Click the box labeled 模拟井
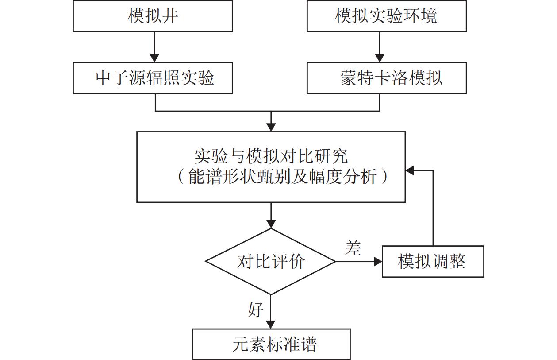point(153,16)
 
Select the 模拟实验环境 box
point(386,16)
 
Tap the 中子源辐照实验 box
point(153,78)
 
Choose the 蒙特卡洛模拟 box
point(386,78)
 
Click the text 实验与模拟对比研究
point(271,156)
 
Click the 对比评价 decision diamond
point(271,262)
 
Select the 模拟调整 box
point(432,262)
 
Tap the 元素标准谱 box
point(271,344)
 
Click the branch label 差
point(353,248)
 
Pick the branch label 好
point(256,310)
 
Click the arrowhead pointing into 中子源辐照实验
point(154,58)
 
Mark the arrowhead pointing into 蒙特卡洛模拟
point(380,58)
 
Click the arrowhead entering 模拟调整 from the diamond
point(377,262)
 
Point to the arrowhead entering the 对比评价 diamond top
point(271,224)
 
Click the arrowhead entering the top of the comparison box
point(271,127)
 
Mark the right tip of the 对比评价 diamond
point(334,262)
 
